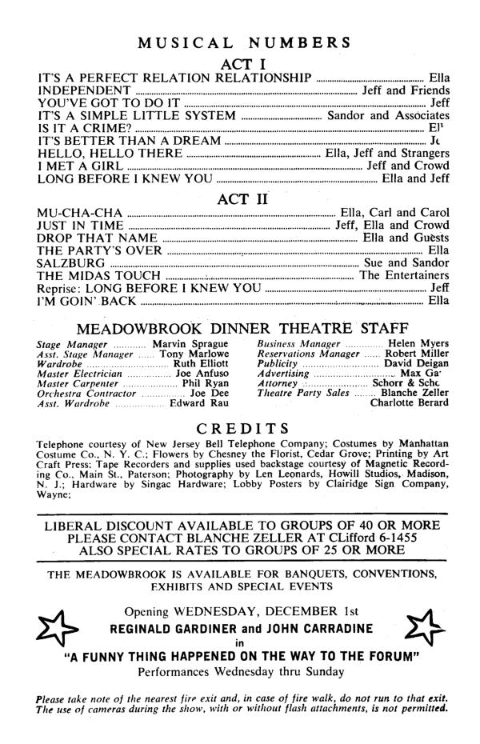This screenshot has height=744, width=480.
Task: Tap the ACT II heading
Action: point(241,199)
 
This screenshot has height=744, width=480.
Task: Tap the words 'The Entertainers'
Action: point(404,276)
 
